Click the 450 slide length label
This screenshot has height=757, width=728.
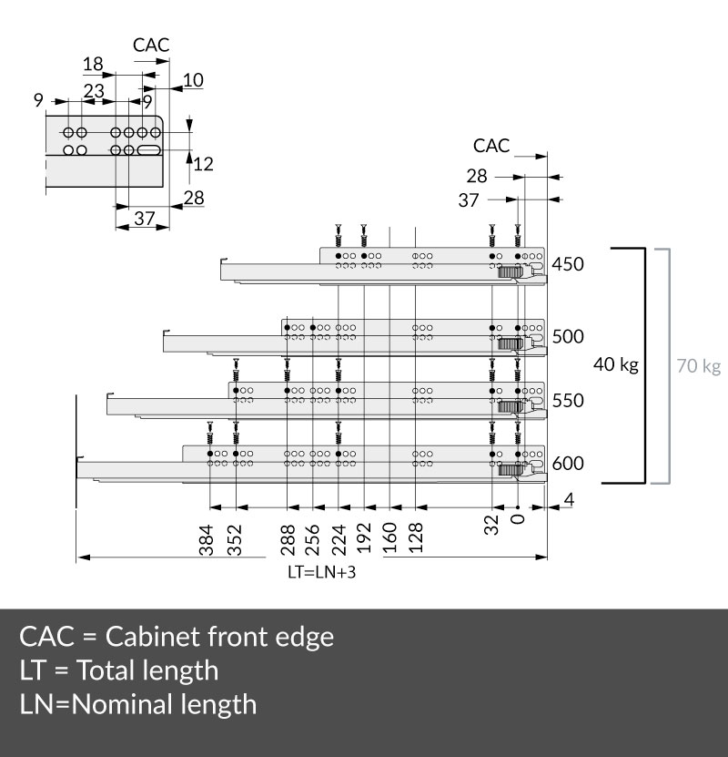pyautogui.click(x=568, y=264)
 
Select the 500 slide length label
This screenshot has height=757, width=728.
pyautogui.click(x=568, y=336)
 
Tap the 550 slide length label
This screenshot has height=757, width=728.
pyautogui.click(x=568, y=401)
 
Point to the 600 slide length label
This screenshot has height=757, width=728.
pyautogui.click(x=568, y=464)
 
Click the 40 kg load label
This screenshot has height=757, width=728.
pyautogui.click(x=616, y=364)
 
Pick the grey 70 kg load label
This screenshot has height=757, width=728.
pyautogui.click(x=699, y=366)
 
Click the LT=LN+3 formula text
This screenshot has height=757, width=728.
pyautogui.click(x=321, y=572)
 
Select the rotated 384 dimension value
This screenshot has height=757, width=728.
pyautogui.click(x=207, y=540)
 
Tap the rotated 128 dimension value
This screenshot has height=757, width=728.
pyautogui.click(x=416, y=537)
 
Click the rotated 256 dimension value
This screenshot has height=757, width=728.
pyautogui.click(x=313, y=540)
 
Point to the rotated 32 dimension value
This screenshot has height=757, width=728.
pyautogui.click(x=491, y=525)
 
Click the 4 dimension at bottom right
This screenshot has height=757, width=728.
pyautogui.click(x=569, y=500)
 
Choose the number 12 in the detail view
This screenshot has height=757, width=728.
pyautogui.click(x=203, y=164)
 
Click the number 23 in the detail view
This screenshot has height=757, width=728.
pyautogui.click(x=94, y=91)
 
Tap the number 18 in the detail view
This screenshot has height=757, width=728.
pyautogui.click(x=93, y=64)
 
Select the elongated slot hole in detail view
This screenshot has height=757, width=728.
pyautogui.click(x=149, y=150)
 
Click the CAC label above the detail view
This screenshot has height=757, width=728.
pyautogui.click(x=151, y=45)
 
